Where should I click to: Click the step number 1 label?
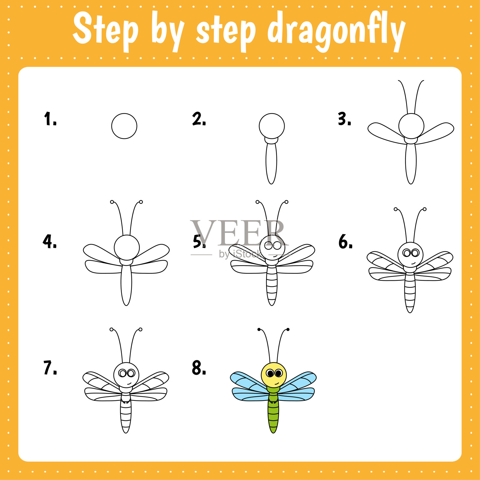(x=50, y=119)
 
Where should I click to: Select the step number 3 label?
(x=344, y=119)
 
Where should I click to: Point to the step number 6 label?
(x=345, y=242)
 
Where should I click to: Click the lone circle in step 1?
(x=124, y=126)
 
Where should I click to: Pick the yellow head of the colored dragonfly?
(x=274, y=375)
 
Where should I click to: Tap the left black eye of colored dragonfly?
(x=270, y=373)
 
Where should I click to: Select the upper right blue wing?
(x=298, y=381)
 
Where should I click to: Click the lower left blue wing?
(x=250, y=394)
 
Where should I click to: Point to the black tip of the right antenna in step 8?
(x=288, y=329)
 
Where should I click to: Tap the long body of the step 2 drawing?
(x=271, y=163)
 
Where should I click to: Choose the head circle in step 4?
(x=127, y=247)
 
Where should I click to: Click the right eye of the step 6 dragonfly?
(x=415, y=253)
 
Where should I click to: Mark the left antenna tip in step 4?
(x=112, y=202)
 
